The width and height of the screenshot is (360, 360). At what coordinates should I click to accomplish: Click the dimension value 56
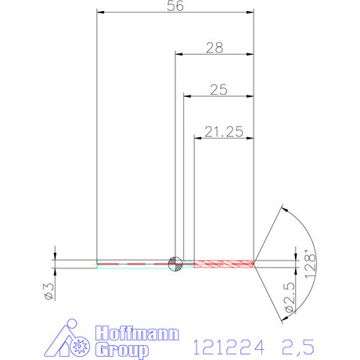tap(176, 6)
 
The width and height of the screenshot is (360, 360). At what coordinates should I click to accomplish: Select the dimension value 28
tap(214, 48)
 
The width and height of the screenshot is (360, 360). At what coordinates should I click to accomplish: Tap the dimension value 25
tap(218, 90)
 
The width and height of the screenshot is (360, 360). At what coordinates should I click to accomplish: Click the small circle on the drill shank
tap(175, 263)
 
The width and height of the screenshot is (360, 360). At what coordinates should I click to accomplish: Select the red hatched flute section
tap(223, 263)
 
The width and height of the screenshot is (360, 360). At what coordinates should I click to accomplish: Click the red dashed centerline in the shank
tap(133, 264)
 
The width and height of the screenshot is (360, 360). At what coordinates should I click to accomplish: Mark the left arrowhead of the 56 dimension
tap(99, 12)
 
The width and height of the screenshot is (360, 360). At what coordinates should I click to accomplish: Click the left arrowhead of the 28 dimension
tap(177, 54)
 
